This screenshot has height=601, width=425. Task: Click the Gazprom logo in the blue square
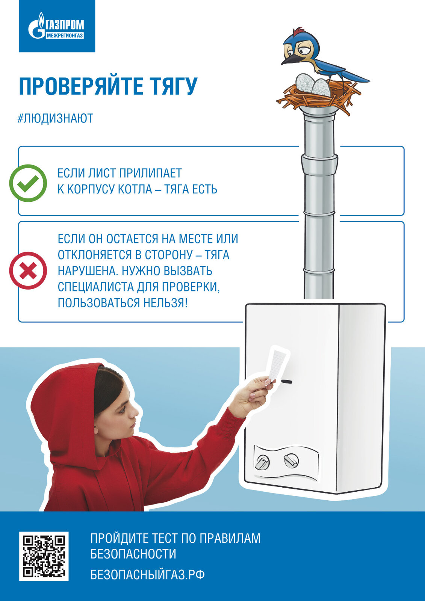(x=56, y=26)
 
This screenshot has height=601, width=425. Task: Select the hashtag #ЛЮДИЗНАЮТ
(x=55, y=118)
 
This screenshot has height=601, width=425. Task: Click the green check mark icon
(x=28, y=183)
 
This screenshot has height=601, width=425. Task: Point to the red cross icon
(x=28, y=270)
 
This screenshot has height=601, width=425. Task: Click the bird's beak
(x=289, y=59)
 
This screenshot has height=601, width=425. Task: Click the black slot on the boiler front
(x=286, y=382)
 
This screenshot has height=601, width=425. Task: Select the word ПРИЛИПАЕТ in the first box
(x=151, y=173)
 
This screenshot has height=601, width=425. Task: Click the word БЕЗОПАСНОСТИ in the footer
(x=133, y=554)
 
